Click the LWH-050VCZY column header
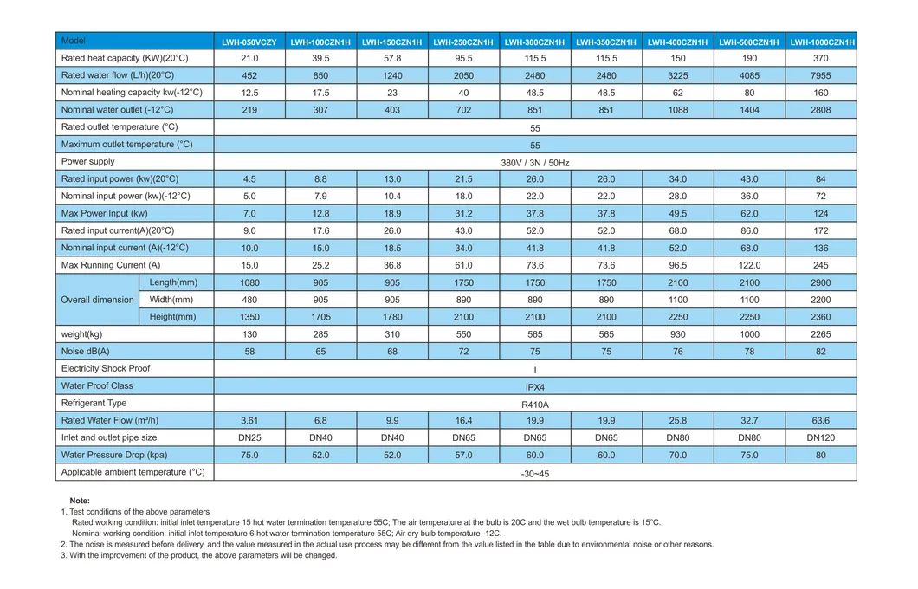pos(249,42)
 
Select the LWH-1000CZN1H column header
pos(822,42)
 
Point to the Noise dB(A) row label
pos(86,352)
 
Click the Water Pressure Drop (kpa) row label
pos(114,455)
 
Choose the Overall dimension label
pos(98,300)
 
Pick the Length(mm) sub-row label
pos(173,282)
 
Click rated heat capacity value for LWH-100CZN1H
pos(320,58)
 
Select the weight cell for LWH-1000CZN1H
pos(821,334)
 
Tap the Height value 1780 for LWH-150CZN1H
pos(392,317)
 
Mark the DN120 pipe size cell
pos(821,437)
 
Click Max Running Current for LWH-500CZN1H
pos(749,265)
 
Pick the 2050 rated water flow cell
pos(463,75)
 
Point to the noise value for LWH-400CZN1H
pos(678,352)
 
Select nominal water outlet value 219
pos(249,110)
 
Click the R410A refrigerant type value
pos(535,404)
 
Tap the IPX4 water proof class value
pos(535,386)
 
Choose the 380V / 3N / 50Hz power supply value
pos(535,162)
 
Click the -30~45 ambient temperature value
pos(535,473)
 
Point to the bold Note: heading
pos(80,501)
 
